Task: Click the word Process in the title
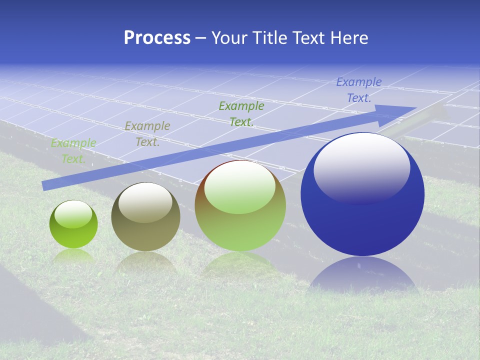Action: point(157,37)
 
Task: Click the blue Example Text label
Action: point(358,90)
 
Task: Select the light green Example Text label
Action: point(73,151)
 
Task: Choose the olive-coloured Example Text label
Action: point(147,134)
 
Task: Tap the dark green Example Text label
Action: point(241,114)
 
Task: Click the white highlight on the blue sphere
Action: point(361,167)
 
